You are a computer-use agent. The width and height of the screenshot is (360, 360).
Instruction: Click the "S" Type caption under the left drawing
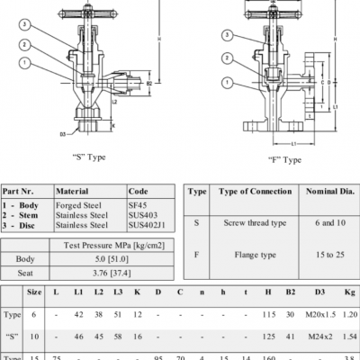(87, 156)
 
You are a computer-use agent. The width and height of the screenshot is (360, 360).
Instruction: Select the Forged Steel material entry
(80, 205)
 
